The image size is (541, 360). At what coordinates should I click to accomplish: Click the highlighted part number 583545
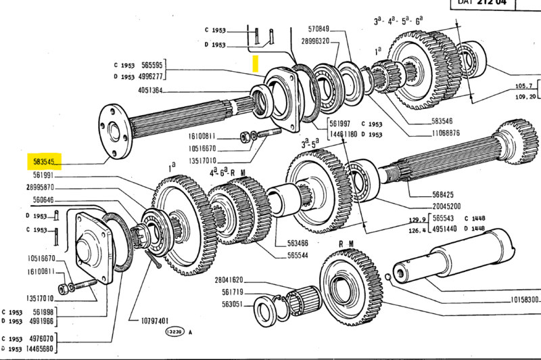point(44,162)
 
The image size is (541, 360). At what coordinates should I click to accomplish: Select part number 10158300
point(525,298)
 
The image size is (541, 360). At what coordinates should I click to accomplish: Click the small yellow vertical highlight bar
point(255,64)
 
